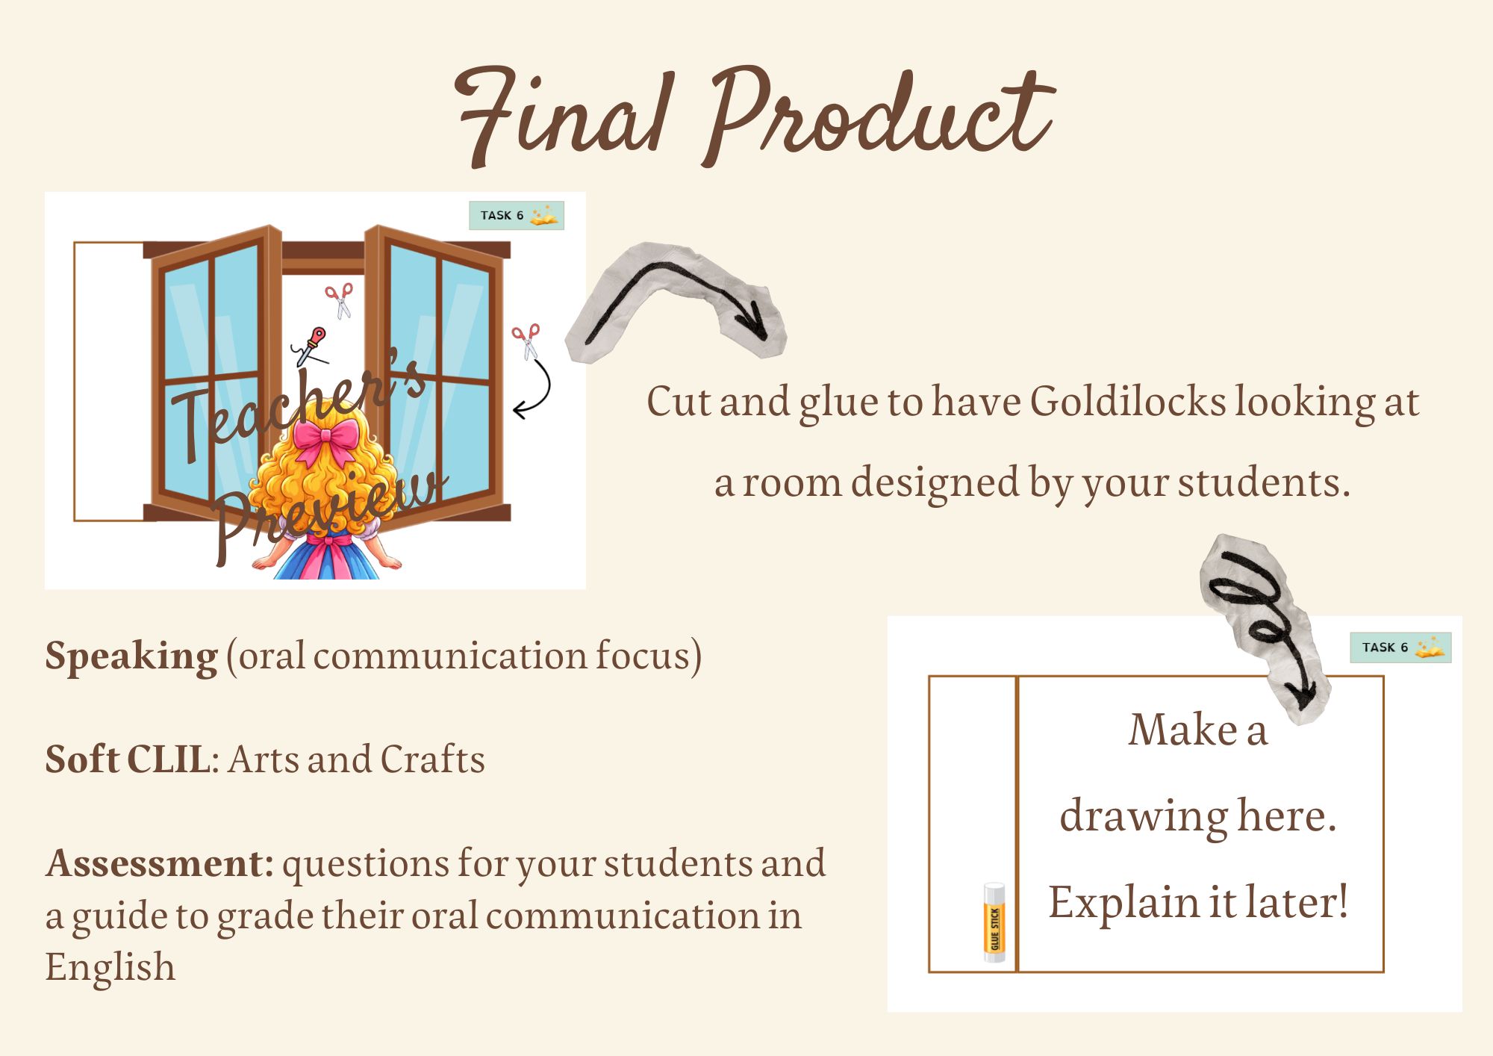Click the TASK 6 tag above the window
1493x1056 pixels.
point(517,215)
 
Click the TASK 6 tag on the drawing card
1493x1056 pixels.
point(1400,647)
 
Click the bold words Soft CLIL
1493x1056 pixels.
point(128,759)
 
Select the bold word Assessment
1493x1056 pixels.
point(159,863)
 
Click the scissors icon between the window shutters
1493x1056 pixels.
point(340,300)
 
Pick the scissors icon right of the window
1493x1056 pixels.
point(526,342)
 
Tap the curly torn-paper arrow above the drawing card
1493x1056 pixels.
point(1261,620)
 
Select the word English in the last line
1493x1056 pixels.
point(110,968)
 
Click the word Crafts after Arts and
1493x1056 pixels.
point(432,760)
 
